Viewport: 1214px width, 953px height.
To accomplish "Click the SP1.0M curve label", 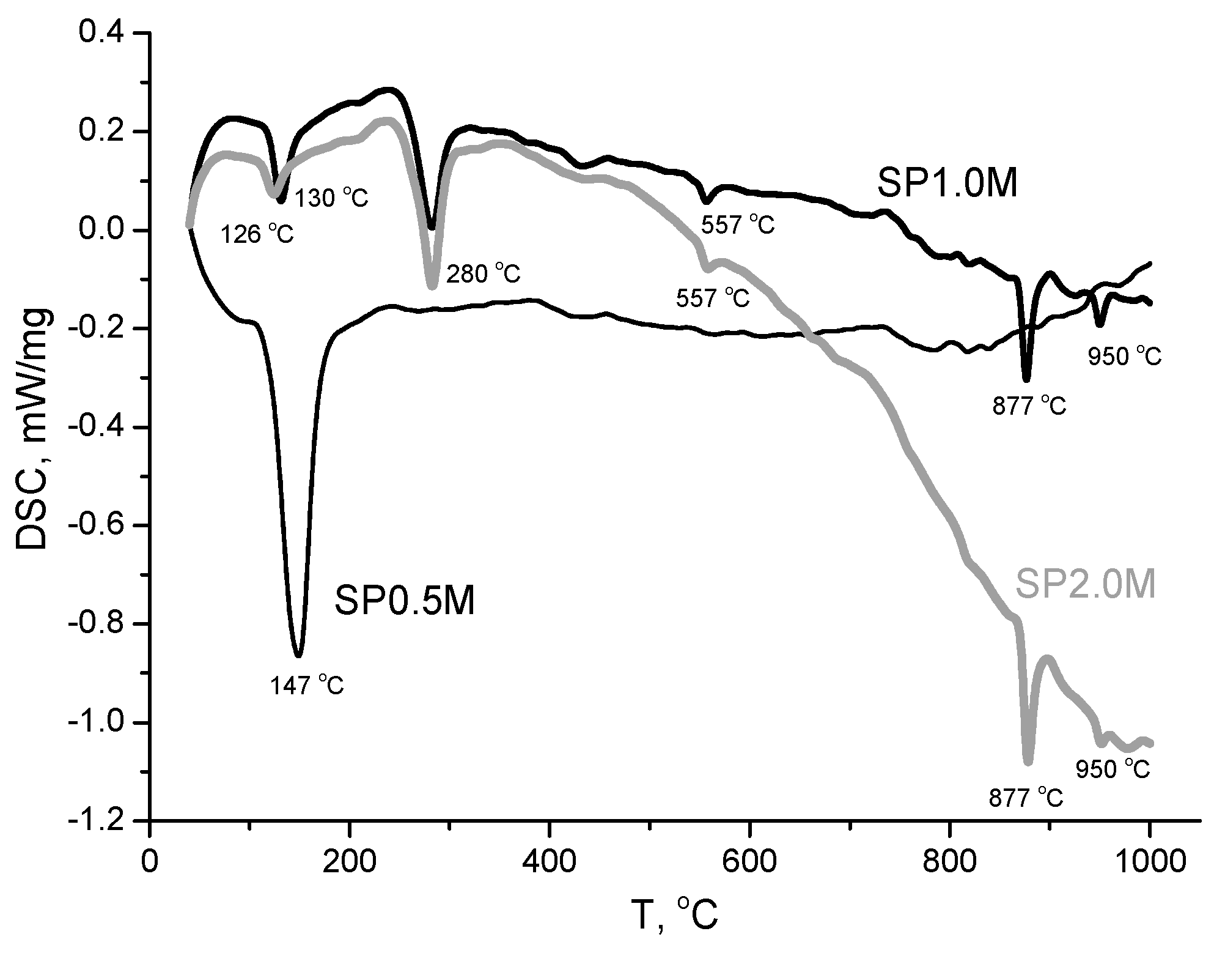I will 947,184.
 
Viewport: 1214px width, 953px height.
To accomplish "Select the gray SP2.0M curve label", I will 1086,585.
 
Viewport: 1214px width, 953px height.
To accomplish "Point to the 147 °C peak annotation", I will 307,686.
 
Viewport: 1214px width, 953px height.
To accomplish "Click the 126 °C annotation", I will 257,235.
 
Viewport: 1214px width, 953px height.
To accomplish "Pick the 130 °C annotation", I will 332,198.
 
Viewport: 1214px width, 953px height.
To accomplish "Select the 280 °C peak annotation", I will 484,274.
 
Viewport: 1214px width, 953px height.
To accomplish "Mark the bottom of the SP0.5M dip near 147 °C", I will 298,655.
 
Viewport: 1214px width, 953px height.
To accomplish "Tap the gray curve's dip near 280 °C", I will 432,286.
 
